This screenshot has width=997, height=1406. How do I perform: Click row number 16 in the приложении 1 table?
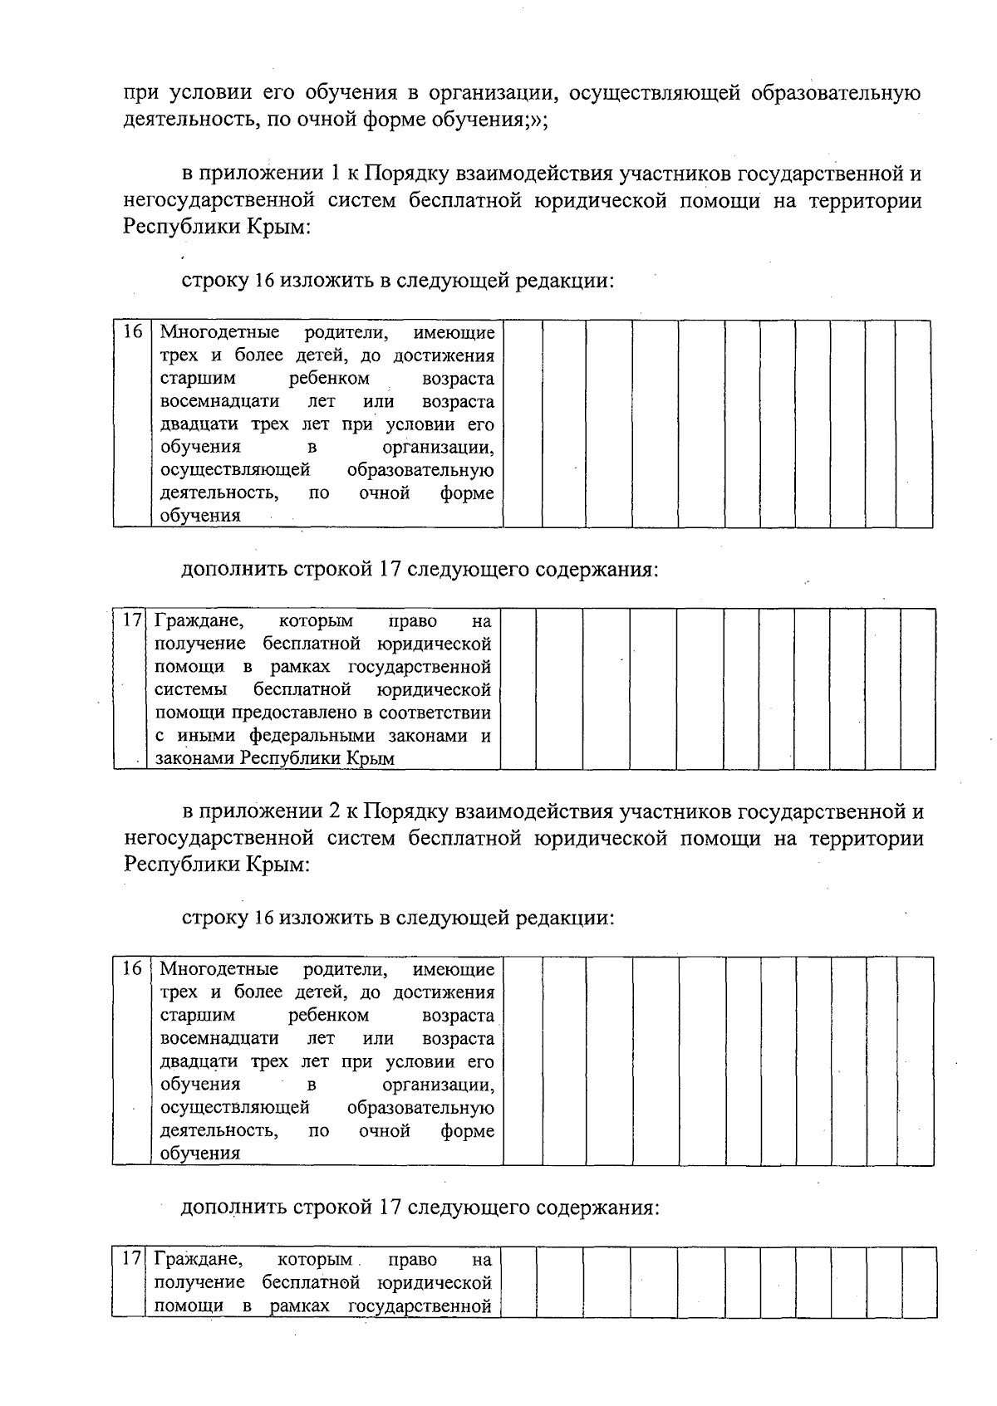coord(133,332)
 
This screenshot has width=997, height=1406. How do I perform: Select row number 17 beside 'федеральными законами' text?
coord(131,620)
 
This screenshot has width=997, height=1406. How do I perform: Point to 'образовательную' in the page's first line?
coord(836,92)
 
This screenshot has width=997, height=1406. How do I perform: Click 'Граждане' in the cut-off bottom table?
coord(199,1259)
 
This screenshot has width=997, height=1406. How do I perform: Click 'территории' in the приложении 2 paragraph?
coord(879,839)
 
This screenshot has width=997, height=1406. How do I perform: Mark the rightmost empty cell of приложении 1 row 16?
coord(913,424)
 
